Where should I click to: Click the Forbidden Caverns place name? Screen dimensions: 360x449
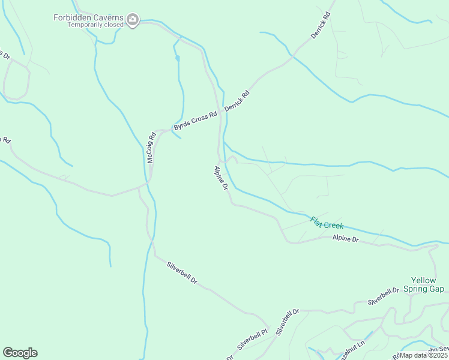click(89, 17)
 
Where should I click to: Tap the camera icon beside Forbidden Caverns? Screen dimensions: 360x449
click(133, 22)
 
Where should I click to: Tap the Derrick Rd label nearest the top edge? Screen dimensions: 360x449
click(321, 26)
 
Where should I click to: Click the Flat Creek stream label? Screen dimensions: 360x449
click(327, 223)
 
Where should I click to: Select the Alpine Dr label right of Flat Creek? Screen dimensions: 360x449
click(345, 239)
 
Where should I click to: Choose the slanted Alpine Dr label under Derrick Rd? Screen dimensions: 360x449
click(221, 179)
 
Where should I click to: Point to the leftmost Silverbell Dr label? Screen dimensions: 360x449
click(181, 273)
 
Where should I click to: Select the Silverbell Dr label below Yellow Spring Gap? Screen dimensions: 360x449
click(384, 295)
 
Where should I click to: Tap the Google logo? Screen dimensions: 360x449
click(20, 353)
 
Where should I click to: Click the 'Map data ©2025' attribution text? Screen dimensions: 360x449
click(424, 355)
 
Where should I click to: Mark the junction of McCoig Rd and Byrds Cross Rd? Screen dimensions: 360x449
click(157, 131)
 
